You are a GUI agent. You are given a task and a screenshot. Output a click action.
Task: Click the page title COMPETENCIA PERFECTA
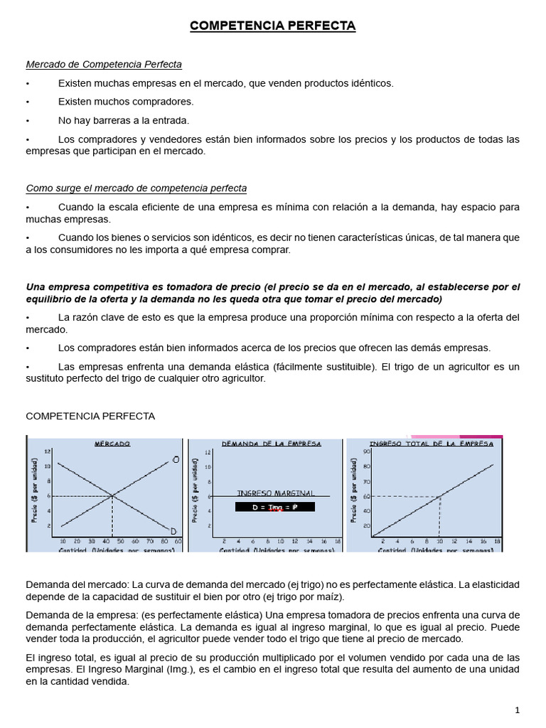273,26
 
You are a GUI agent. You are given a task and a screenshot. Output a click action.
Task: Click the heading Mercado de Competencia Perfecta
104,65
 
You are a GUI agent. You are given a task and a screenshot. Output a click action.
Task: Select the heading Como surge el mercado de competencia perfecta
136,188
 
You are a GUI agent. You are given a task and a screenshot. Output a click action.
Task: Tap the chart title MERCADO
112,443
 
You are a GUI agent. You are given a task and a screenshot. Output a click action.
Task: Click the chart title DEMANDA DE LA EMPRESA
271,443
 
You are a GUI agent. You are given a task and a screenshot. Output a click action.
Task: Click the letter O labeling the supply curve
175,460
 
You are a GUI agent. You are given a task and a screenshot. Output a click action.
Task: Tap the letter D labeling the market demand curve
173,531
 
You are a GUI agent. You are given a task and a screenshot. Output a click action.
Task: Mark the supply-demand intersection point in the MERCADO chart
112,496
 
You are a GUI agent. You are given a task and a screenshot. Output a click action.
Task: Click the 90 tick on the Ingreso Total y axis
368,451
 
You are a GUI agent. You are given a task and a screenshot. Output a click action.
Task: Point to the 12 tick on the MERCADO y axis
48,451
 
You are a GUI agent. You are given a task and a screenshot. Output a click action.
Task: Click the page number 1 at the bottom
518,710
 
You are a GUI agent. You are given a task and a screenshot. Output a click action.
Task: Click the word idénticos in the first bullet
368,83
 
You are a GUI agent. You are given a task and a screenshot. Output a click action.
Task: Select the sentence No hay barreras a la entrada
124,120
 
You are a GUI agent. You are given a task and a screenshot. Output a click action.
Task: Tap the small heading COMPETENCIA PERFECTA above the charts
90,416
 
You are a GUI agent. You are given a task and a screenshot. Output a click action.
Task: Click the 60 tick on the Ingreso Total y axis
368,496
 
